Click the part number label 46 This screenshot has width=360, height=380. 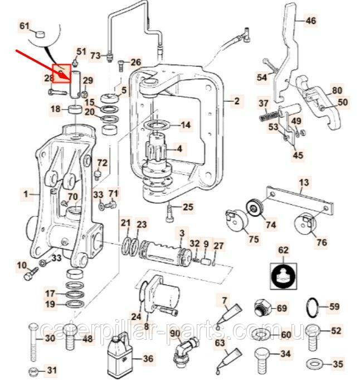tap(310, 22)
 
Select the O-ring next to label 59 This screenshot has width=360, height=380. tap(314, 307)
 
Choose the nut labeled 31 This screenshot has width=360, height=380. tap(35, 371)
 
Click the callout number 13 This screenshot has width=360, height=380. tap(304, 182)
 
